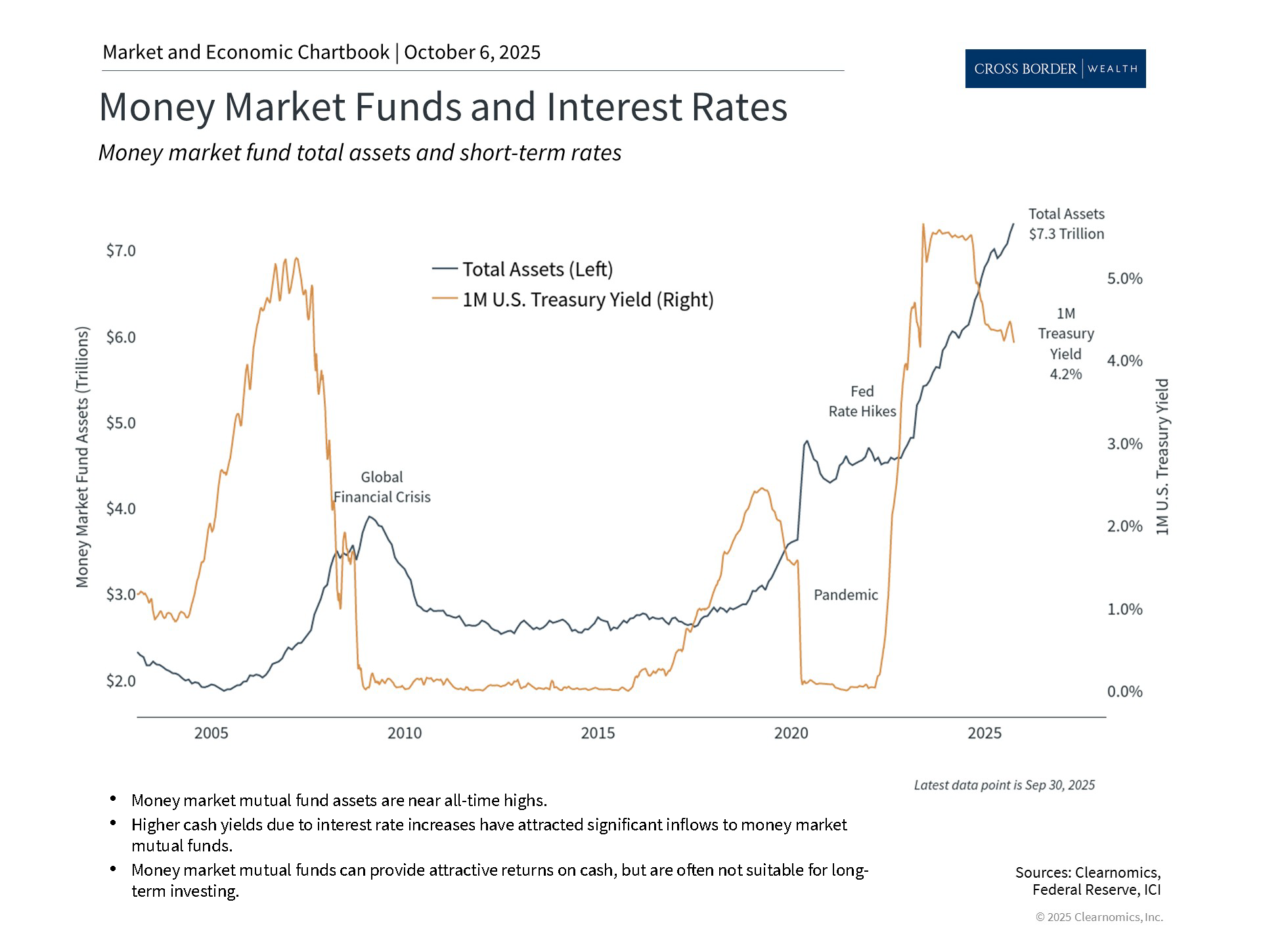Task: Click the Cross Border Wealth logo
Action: click(1055, 68)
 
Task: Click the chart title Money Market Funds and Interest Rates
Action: click(443, 106)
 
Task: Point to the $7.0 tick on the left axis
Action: click(121, 251)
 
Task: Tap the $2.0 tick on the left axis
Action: click(121, 681)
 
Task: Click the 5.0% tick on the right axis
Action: click(1124, 279)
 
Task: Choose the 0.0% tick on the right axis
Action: click(1124, 691)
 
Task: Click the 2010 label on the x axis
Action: click(405, 733)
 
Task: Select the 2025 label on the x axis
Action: click(984, 733)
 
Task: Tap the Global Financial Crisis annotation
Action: click(382, 487)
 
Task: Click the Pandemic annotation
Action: click(845, 595)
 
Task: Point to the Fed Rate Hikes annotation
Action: click(862, 401)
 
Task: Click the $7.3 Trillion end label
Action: click(1066, 234)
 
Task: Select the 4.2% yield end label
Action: click(1065, 374)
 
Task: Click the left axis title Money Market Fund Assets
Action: click(82, 457)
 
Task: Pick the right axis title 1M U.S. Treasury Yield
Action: click(1162, 457)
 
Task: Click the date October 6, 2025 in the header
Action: click(472, 53)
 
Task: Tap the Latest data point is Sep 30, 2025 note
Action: click(1004, 785)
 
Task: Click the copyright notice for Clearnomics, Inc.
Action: click(1099, 917)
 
